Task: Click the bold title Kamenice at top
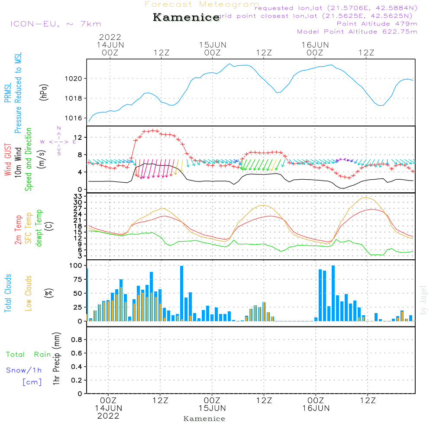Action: tap(186, 18)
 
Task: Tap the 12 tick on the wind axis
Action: tap(78, 137)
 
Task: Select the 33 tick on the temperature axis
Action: tap(78, 196)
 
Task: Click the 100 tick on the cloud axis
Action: tap(76, 265)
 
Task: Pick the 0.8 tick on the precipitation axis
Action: tap(77, 339)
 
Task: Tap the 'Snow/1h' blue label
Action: tap(24, 370)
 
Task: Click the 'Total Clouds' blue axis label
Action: tap(8, 293)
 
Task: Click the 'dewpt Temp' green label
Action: tap(39, 228)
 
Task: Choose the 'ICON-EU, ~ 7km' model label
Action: tap(55, 24)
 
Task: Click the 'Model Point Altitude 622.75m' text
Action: tap(357, 32)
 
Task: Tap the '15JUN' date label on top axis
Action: tap(213, 45)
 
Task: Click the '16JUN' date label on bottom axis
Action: tap(316, 408)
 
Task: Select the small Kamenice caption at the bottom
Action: tap(204, 419)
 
